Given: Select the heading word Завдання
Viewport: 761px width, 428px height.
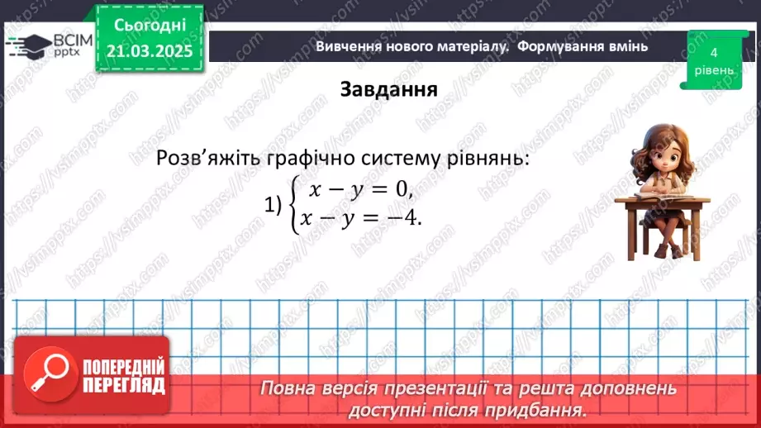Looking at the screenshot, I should [x=388, y=89].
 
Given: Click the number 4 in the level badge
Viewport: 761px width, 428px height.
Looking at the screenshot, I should [x=712, y=51].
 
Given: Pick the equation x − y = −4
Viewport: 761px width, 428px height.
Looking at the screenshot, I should [x=361, y=218].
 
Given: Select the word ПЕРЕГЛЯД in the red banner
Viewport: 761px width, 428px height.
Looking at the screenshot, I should [x=125, y=385].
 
